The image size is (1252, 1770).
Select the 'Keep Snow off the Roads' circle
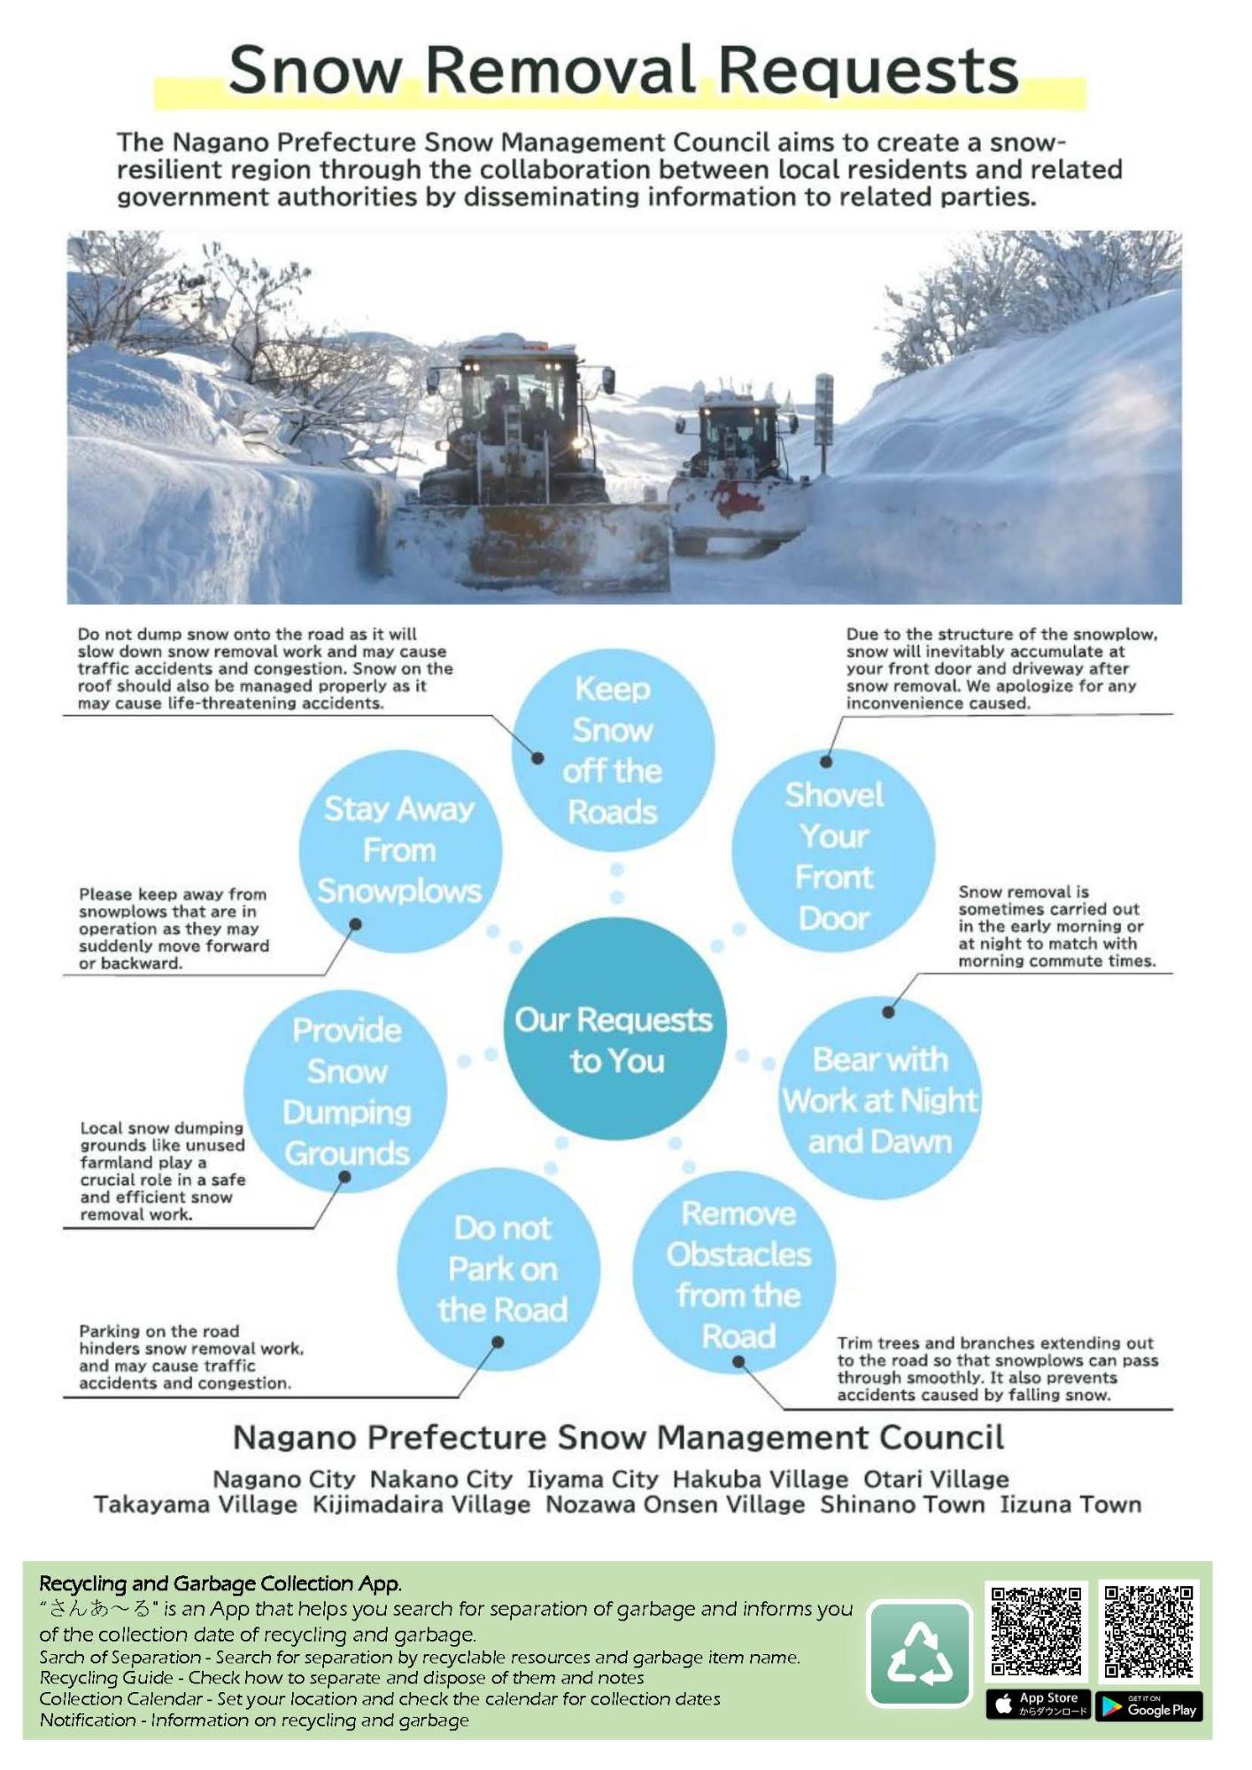click(x=613, y=750)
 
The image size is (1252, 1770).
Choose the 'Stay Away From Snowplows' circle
click(x=400, y=850)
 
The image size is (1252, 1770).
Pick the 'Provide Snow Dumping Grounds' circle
click(x=345, y=1090)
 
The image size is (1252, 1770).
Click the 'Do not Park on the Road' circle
click(x=498, y=1268)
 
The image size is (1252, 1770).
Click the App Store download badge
click(x=1038, y=1705)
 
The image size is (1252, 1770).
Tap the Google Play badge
click(x=1148, y=1705)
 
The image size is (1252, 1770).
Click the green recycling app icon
click(x=919, y=1653)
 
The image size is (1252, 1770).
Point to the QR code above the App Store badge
click(x=1037, y=1631)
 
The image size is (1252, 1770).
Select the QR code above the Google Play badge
click(x=1148, y=1631)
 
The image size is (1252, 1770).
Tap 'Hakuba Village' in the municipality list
click(x=760, y=1479)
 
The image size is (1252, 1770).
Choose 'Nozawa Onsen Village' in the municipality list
click(x=675, y=1504)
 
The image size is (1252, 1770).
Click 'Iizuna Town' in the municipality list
click(x=1070, y=1504)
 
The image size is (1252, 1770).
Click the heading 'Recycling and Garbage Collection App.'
click(x=220, y=1583)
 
